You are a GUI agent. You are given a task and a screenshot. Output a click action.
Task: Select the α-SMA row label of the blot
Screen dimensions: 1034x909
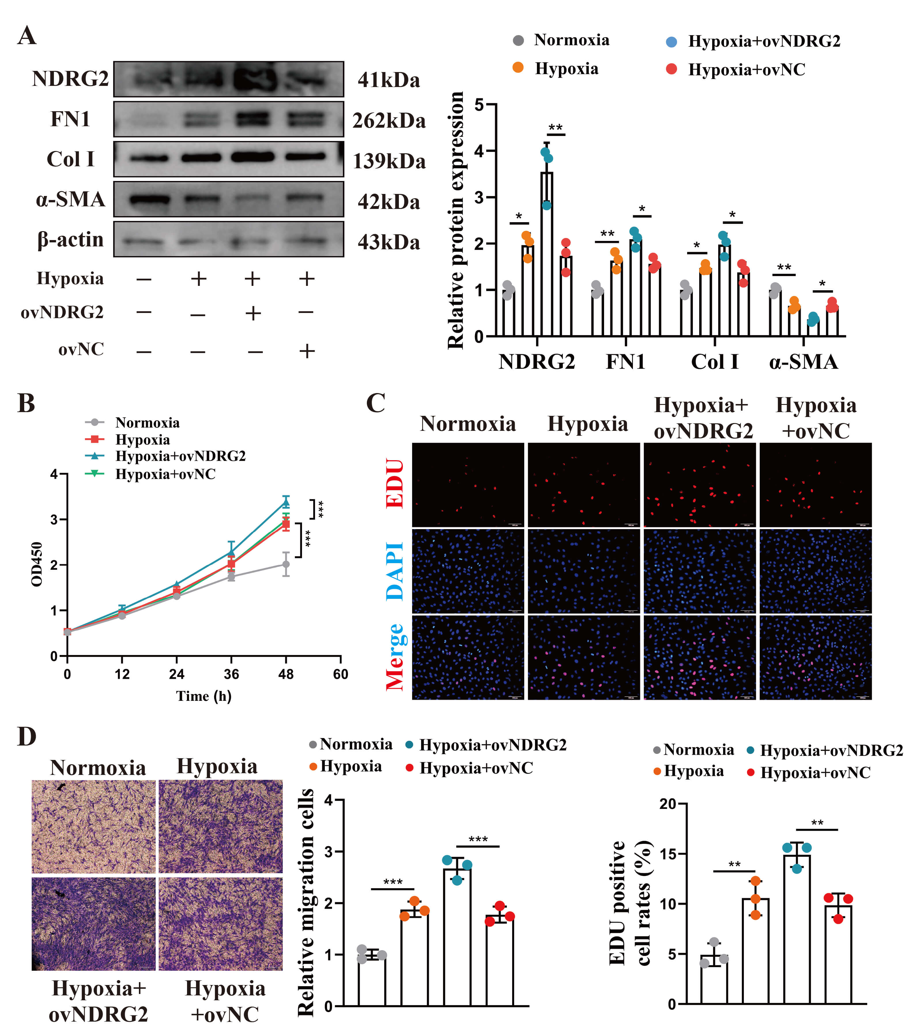(x=70, y=199)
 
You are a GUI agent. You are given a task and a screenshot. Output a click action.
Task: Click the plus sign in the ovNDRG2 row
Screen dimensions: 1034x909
(x=253, y=314)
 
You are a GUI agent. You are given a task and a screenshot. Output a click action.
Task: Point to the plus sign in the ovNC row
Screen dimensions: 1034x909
(x=307, y=350)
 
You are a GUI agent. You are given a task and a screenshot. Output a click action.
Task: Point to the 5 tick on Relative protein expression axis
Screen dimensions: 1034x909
(x=479, y=105)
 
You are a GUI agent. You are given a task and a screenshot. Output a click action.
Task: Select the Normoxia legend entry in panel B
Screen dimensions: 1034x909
(x=147, y=422)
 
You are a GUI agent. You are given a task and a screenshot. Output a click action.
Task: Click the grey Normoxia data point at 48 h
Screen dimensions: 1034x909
(x=286, y=564)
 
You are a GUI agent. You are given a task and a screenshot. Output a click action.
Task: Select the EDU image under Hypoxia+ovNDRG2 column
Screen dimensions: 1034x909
(x=699, y=485)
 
